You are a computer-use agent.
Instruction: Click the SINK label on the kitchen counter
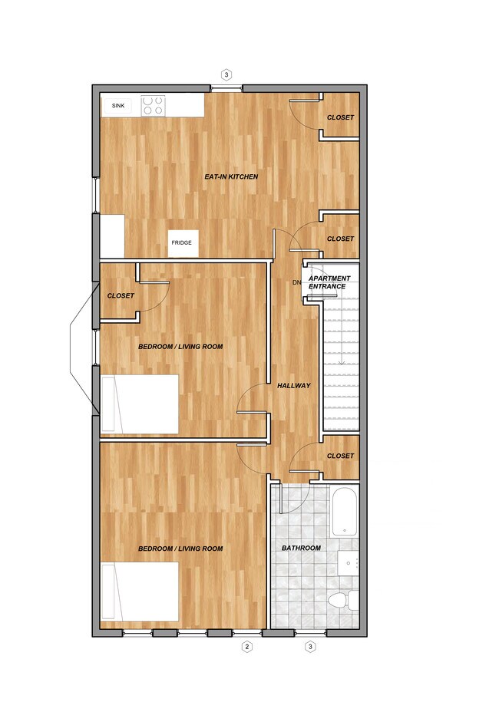click(118, 106)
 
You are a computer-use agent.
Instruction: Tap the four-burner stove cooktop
click(153, 105)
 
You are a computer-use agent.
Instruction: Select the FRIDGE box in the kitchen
click(183, 243)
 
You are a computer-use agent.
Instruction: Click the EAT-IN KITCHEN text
click(230, 177)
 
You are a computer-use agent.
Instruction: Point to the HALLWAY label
click(294, 386)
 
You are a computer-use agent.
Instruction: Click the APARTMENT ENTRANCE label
click(329, 282)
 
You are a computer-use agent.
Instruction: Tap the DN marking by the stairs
click(297, 283)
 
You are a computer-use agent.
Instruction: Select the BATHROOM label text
click(301, 548)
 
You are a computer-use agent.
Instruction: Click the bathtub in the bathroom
click(344, 512)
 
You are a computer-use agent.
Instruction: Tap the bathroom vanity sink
click(349, 563)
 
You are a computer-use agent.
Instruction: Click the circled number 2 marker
click(247, 647)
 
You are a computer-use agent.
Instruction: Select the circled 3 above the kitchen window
click(226, 74)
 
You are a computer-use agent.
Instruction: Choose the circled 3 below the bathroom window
click(311, 647)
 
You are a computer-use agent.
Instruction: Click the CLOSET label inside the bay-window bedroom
click(121, 295)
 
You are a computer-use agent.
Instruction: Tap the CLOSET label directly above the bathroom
click(340, 456)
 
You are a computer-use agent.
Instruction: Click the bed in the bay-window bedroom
click(140, 403)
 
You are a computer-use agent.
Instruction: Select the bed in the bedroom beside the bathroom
click(140, 591)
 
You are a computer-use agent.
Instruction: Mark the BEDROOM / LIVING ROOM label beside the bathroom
click(180, 549)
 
